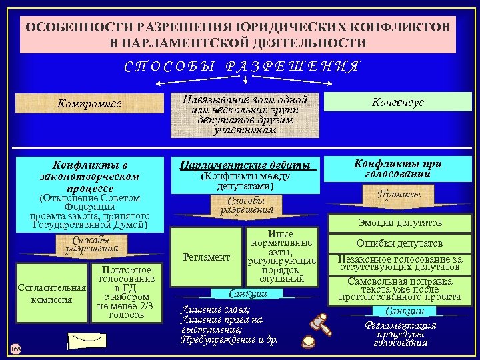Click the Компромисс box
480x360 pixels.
[89, 103]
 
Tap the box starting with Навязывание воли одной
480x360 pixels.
[245, 115]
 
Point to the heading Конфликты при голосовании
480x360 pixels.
[398, 168]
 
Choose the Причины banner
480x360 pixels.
[398, 194]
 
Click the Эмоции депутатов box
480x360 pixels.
[398, 223]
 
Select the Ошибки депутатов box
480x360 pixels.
[398, 243]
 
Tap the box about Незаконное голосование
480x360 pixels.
[398, 263]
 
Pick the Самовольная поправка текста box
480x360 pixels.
[398, 289]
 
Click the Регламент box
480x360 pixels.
[207, 257]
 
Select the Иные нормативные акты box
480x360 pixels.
[281, 257]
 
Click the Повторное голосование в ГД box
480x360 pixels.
[127, 292]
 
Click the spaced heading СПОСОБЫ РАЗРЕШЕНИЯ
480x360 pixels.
[243, 67]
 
